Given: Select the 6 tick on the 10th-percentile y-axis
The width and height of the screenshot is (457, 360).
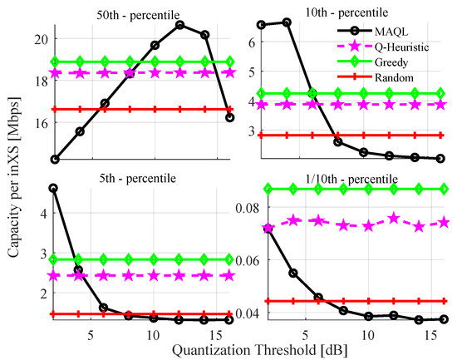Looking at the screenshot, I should (252, 39).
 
